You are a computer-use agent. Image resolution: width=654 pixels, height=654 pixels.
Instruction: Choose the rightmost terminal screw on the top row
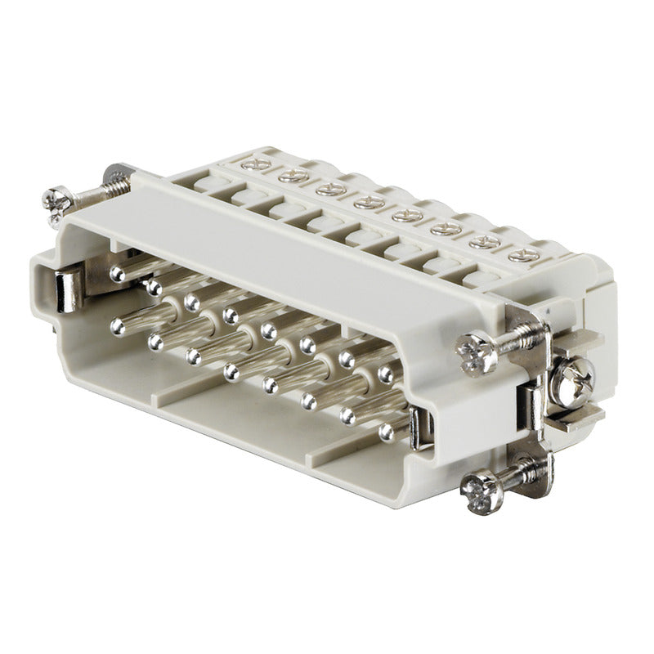[518, 255]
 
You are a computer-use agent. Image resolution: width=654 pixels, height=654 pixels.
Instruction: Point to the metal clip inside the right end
[419, 428]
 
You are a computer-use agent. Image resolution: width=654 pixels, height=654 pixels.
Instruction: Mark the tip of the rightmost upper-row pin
[386, 374]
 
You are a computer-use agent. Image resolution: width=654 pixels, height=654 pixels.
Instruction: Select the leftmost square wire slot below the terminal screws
[204, 185]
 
